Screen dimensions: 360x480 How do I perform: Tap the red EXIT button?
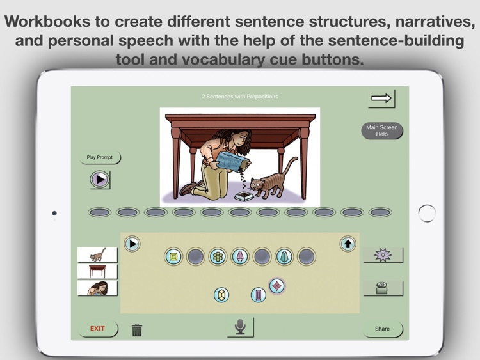coord(97,329)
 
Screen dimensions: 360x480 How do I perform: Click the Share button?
coord(382,329)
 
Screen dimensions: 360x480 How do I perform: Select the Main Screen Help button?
coord(381,130)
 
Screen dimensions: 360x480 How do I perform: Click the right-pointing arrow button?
coord(381,98)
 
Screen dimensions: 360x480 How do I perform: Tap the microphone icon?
coord(240,327)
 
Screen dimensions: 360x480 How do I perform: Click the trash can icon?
coord(137,330)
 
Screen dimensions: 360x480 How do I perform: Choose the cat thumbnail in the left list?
coord(97,254)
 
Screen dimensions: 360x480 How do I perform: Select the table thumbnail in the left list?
coord(97,271)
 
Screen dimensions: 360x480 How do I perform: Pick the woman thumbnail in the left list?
coord(97,288)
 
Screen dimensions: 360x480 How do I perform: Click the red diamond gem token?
coord(276,286)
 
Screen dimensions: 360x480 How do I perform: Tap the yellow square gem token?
coord(173,256)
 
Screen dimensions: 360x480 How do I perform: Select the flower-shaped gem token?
coord(218,256)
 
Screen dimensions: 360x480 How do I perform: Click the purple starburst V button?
coord(383,255)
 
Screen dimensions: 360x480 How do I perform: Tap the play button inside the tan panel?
coord(132,243)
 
